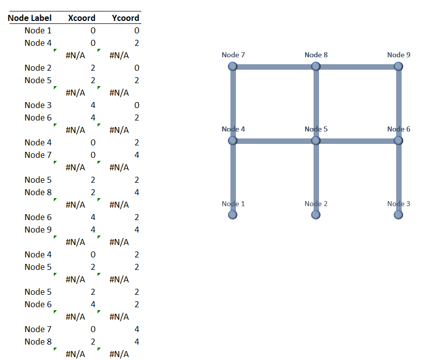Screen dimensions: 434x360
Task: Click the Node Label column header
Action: coord(30,18)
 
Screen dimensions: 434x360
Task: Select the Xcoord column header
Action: coord(82,18)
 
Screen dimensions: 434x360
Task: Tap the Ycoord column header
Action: coord(125,18)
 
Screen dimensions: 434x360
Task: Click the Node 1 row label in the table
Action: coord(38,30)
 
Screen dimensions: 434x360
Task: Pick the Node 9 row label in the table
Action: coord(38,230)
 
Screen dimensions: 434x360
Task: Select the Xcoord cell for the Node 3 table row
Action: coord(93,105)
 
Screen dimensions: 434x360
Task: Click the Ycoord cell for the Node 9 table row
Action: coord(137,230)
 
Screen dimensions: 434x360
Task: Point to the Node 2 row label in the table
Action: coord(38,68)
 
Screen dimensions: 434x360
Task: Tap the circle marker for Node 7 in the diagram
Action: coord(232,66)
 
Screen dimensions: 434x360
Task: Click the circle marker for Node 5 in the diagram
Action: coord(316,140)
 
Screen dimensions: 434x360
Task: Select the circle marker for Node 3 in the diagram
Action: coord(398,215)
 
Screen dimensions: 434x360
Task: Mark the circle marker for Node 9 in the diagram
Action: coord(398,66)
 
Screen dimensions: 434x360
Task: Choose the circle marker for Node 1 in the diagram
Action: coord(232,215)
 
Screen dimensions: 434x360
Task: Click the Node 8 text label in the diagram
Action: coord(316,55)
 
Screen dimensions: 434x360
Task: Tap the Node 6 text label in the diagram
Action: coord(399,129)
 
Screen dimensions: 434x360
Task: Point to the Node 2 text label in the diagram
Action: coord(316,204)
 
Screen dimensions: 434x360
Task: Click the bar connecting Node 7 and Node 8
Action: coord(274,67)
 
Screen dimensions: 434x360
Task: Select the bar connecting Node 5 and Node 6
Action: coord(357,141)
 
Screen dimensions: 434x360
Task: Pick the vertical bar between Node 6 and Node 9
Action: coord(399,104)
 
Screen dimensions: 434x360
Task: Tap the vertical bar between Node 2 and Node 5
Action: coord(316,177)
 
